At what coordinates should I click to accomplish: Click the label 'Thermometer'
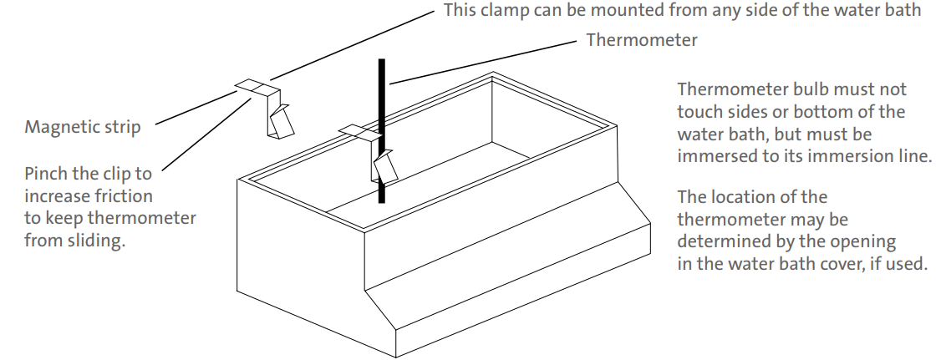tap(641, 40)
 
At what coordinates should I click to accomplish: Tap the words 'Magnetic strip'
tap(83, 128)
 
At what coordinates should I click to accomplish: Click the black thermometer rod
tap(382, 100)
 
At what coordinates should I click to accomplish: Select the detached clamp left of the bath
tap(271, 109)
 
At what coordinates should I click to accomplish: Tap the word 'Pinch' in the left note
tap(45, 175)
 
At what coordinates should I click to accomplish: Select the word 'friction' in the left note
tap(125, 197)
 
